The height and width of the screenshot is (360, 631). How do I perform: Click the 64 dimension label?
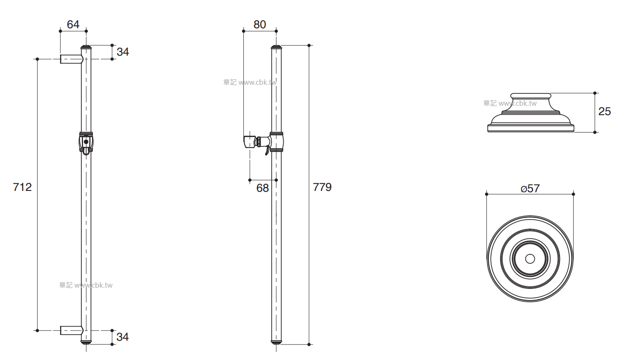[x=73, y=24]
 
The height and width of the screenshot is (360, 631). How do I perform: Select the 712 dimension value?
[x=22, y=187]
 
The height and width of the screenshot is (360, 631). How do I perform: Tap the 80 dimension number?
[x=259, y=24]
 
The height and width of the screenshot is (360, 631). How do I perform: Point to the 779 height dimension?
[x=322, y=187]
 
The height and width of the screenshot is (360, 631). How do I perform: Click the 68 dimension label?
[x=263, y=188]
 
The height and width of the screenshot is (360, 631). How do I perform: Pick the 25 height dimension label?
[x=604, y=111]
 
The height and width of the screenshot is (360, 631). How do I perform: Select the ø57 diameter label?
[x=530, y=188]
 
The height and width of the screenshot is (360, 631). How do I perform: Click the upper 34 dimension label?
[x=123, y=52]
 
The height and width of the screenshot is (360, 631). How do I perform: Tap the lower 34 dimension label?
[x=122, y=337]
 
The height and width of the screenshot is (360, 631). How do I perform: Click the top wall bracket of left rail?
[x=71, y=59]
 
